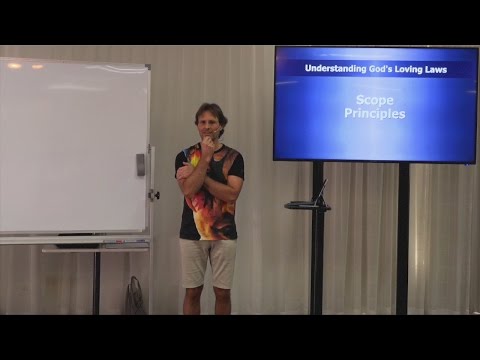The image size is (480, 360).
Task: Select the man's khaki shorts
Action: [207, 262]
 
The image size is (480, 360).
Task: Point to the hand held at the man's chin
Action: [208, 145]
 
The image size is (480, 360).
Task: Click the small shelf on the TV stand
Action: [306, 206]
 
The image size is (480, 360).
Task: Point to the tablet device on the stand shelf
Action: [320, 192]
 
